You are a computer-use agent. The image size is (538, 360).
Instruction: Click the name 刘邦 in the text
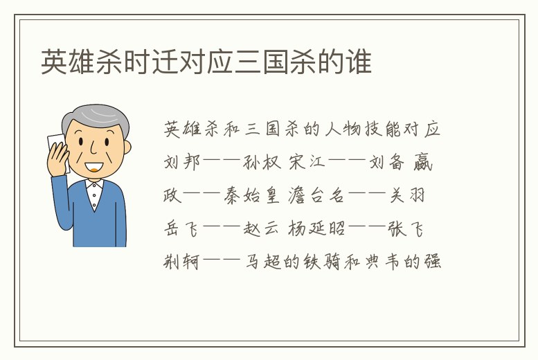(182, 163)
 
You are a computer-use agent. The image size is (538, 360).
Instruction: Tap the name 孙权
(263, 163)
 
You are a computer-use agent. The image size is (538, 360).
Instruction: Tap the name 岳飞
(182, 229)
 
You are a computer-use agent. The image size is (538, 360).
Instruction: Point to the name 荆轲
(182, 262)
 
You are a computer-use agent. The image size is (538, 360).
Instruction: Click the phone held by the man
(56, 149)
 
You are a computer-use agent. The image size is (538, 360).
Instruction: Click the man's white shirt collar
(93, 186)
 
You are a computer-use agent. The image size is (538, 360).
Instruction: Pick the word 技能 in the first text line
(372, 129)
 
